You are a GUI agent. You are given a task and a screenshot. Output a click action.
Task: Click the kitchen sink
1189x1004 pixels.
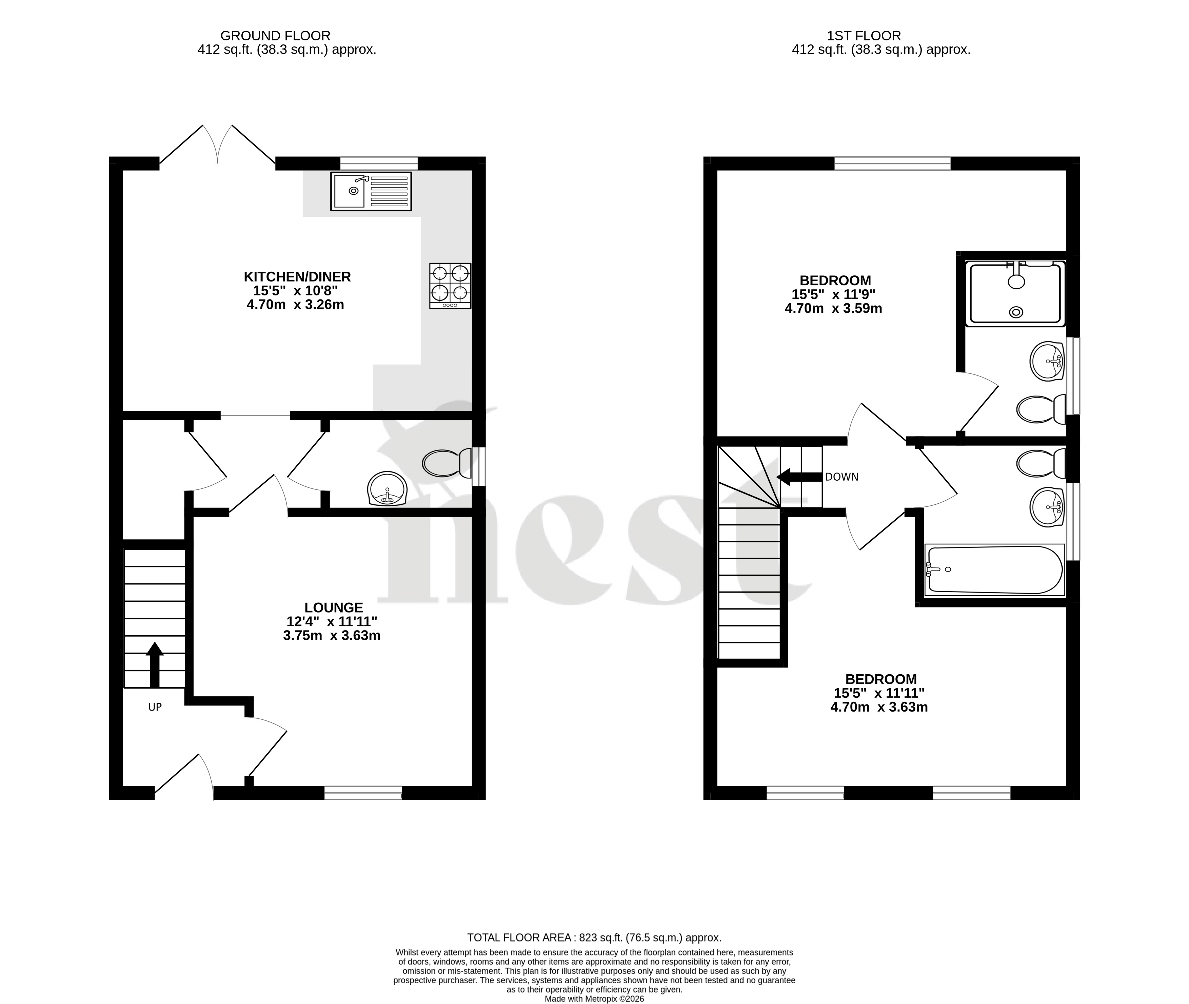371,191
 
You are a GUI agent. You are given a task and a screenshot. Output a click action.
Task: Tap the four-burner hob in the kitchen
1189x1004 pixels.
450,286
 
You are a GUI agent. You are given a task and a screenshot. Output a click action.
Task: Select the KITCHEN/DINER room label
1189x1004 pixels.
297,277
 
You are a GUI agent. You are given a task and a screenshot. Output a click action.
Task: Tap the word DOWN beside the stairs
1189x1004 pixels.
841,477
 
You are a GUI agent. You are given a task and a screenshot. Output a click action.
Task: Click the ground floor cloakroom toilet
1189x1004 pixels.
448,463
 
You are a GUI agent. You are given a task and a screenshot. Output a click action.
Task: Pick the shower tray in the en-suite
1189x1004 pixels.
1015,294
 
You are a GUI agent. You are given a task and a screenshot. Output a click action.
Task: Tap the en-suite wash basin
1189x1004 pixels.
1047,361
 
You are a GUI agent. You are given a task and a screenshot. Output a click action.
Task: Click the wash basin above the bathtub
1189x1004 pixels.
1047,506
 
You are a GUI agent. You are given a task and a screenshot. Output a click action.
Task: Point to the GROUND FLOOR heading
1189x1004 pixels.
275,36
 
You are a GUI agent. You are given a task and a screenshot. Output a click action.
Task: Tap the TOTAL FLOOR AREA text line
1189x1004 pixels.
594,938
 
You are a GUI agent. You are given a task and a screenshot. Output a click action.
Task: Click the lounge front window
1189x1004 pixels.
363,792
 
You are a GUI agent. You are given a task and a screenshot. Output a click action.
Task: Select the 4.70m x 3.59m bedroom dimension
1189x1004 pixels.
833,308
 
